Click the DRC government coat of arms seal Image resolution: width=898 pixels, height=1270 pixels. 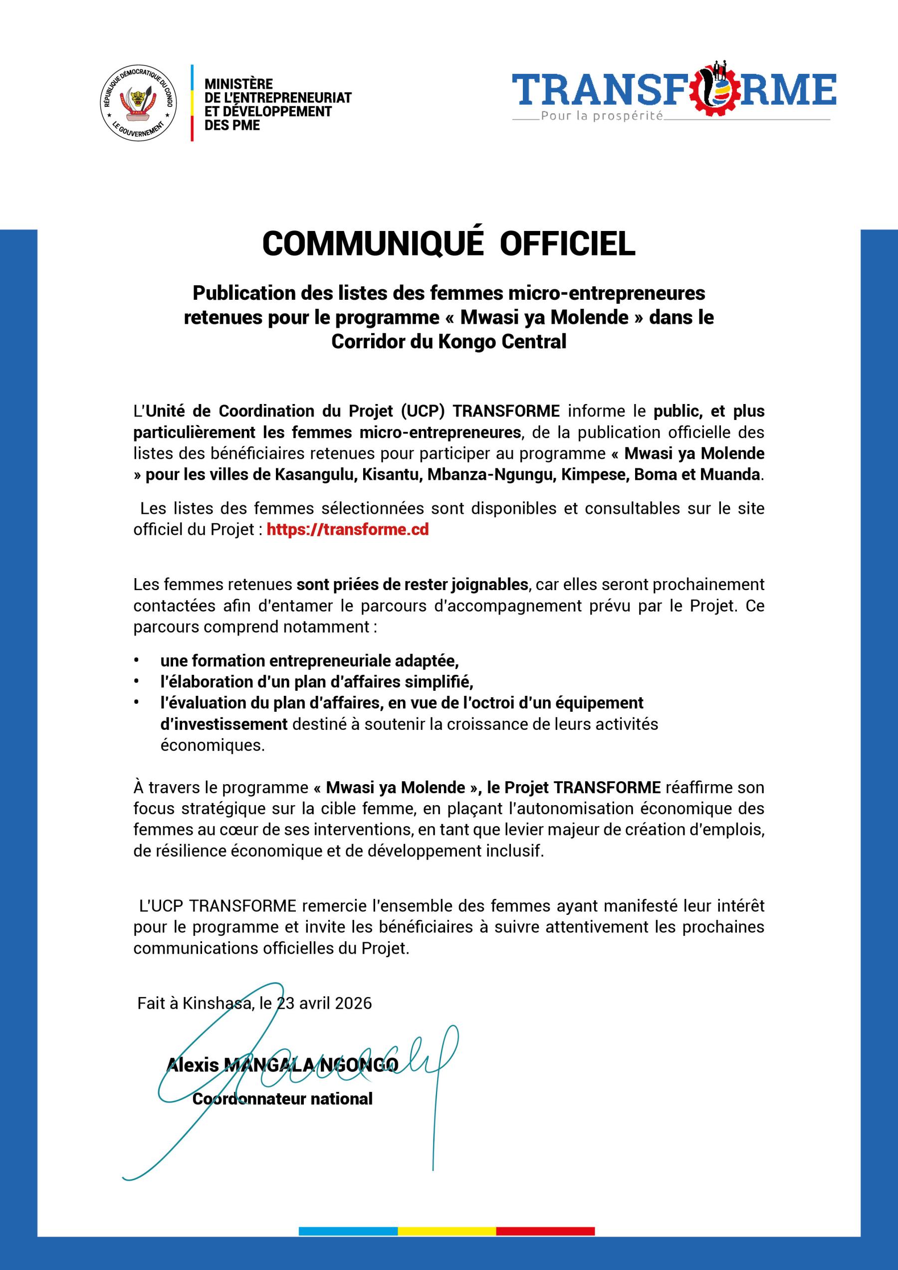point(138,103)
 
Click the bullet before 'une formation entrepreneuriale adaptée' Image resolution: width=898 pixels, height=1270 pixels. point(136,661)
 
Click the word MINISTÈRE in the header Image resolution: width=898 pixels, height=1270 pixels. point(238,84)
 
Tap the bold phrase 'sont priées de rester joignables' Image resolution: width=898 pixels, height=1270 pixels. point(412,584)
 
